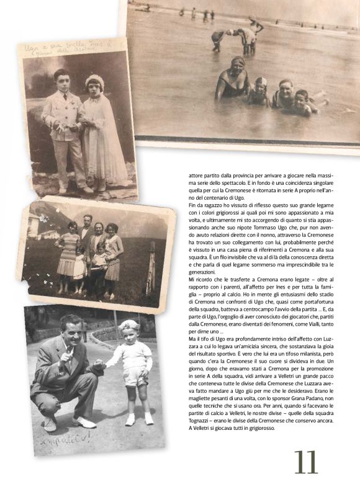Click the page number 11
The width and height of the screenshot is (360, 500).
pyautogui.click(x=306, y=462)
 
